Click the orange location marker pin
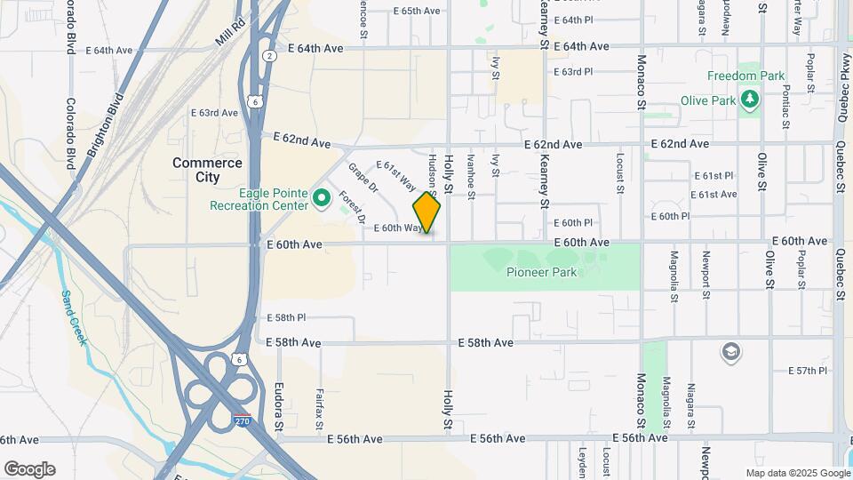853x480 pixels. [x=426, y=213]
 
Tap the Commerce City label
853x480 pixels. [x=207, y=170]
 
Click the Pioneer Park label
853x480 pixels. [x=542, y=272]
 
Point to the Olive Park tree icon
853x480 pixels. [x=751, y=100]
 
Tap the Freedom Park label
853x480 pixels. [x=745, y=76]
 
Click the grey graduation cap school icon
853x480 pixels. [x=731, y=353]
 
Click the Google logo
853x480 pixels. [x=29, y=469]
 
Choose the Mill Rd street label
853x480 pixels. [x=229, y=34]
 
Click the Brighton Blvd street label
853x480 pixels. [x=105, y=124]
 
